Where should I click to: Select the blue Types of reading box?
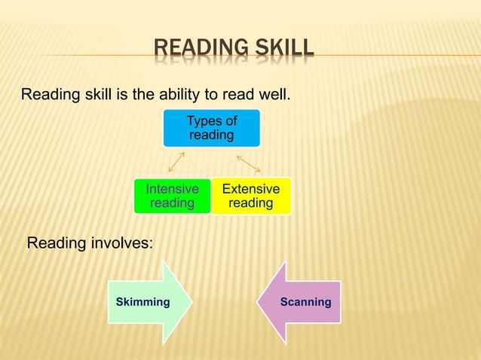(212, 128)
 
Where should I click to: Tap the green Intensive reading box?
(172, 196)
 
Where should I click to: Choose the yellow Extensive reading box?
(250, 196)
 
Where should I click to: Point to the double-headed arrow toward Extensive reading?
(248, 163)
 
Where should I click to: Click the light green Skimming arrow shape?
(150, 302)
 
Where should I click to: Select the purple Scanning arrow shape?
(299, 302)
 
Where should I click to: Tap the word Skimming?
(142, 302)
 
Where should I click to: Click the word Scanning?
(305, 302)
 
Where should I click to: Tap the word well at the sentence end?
(272, 96)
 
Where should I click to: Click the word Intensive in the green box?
(172, 189)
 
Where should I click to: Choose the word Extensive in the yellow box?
(250, 189)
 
